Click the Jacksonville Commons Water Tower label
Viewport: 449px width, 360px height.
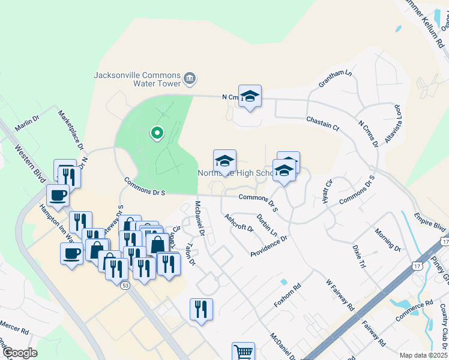(x=137, y=79)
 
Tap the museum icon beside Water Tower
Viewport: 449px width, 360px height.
(x=190, y=77)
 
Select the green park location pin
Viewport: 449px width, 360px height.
(x=157, y=133)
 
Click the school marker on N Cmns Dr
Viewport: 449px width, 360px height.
(x=250, y=96)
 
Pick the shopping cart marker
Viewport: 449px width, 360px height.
(x=243, y=352)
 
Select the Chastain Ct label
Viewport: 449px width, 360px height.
(x=323, y=124)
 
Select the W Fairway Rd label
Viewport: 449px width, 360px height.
(x=340, y=294)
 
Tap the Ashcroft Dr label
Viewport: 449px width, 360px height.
(x=239, y=223)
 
